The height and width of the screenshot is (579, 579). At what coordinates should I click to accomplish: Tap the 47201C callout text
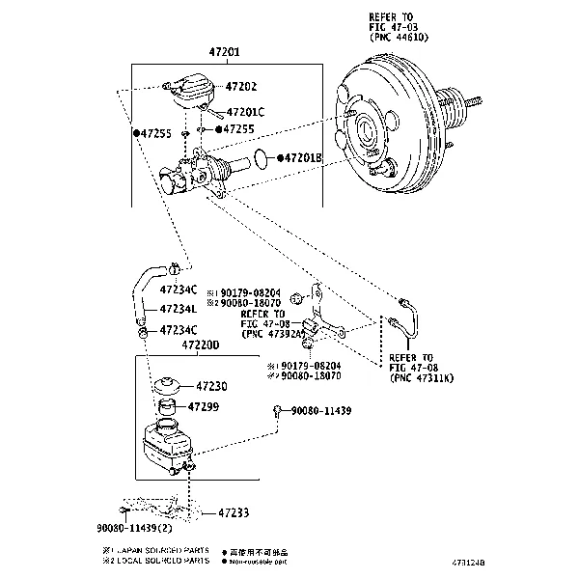click(248, 112)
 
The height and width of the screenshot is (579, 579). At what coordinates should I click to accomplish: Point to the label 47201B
click(303, 157)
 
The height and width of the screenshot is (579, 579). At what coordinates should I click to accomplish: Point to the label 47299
click(207, 406)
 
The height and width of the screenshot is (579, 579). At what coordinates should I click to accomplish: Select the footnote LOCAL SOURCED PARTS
click(161, 559)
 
